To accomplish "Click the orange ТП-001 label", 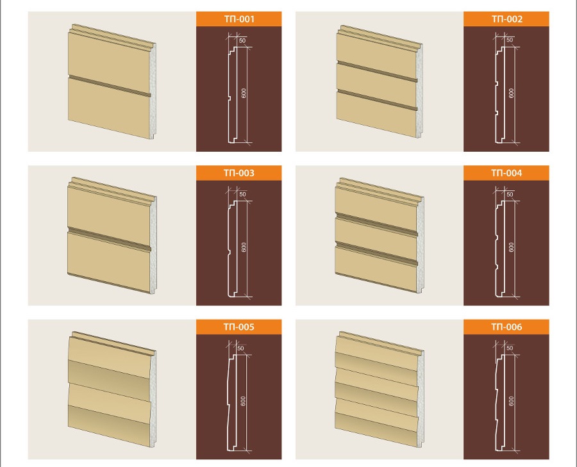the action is [239, 19].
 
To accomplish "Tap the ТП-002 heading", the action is [506, 19].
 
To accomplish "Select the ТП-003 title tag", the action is [239, 173].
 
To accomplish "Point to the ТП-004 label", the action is [506, 173].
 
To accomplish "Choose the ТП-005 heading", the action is [239, 327].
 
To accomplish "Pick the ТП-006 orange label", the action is [506, 327].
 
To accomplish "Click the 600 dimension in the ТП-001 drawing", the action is [244, 94].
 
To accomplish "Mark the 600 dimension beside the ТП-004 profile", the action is [511, 247].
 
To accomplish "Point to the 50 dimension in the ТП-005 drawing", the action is [240, 348].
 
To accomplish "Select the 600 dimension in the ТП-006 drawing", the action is [511, 401].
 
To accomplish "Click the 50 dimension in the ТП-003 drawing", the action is [242, 194].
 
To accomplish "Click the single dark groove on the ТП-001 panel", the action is [109, 86].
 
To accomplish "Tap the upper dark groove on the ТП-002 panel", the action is [377, 72].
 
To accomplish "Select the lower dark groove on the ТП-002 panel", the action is [377, 100].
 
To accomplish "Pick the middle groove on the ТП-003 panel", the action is [109, 240].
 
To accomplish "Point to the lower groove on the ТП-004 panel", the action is [376, 254].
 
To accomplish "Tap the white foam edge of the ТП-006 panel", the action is [421, 398].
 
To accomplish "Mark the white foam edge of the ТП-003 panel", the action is [153, 245].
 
